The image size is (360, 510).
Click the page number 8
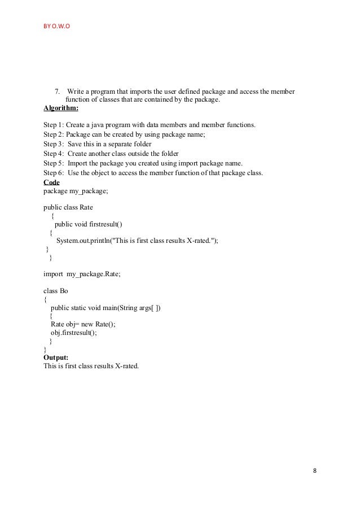[314, 470]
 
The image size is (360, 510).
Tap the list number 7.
[57, 92]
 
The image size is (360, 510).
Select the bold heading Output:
[56, 357]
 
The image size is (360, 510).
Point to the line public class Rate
[68, 207]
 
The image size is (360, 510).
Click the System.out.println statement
[137, 240]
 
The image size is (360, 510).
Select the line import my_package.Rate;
[82, 273]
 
